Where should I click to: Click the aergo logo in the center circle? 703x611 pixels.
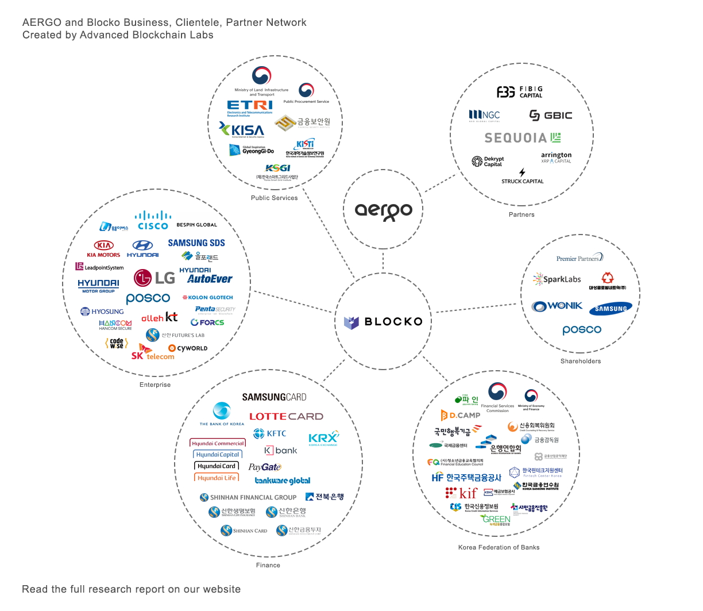pyautogui.click(x=383, y=211)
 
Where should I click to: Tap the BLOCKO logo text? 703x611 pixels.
pyautogui.click(x=384, y=322)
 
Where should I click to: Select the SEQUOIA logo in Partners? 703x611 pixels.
pyautogui.click(x=522, y=138)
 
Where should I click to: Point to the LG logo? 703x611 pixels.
pyautogui.click(x=154, y=278)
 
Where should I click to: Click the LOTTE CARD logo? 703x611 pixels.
pyautogui.click(x=286, y=416)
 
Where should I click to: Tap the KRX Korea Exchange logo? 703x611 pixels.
pyautogui.click(x=323, y=439)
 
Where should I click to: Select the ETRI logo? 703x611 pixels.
pyautogui.click(x=249, y=107)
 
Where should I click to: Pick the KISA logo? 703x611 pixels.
pyautogui.click(x=242, y=130)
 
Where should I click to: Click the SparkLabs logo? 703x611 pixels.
pyautogui.click(x=557, y=279)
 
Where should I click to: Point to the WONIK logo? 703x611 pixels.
pyautogui.click(x=557, y=306)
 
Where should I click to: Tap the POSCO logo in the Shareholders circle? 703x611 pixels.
pyautogui.click(x=582, y=330)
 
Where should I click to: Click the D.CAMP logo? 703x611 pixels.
pyautogui.click(x=460, y=415)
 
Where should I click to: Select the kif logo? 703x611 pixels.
pyautogui.click(x=462, y=493)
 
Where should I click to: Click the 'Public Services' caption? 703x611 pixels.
pyautogui.click(x=274, y=198)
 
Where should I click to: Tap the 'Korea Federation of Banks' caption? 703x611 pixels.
pyautogui.click(x=499, y=547)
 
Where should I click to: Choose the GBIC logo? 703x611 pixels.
pyautogui.click(x=550, y=116)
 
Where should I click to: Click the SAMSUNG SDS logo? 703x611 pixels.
pyautogui.click(x=196, y=243)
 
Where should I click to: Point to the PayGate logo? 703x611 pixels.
pyautogui.click(x=265, y=467)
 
